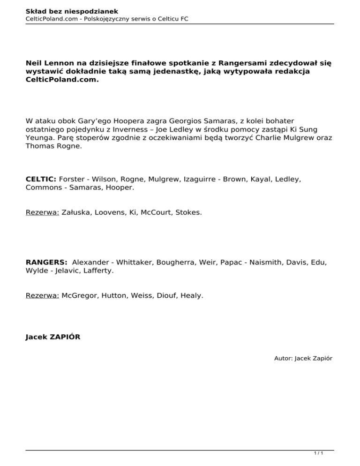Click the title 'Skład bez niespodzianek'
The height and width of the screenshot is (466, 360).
(66, 10)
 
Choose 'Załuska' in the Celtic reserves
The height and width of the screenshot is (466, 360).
(77, 212)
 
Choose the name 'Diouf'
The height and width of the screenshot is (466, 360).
(165, 296)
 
